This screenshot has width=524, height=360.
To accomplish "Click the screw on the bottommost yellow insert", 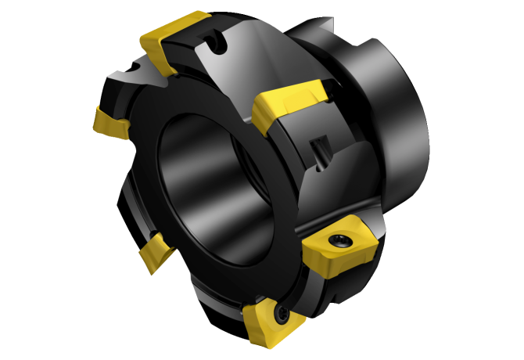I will tap(281, 316).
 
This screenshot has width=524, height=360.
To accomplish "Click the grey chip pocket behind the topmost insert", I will tap(235, 59).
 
